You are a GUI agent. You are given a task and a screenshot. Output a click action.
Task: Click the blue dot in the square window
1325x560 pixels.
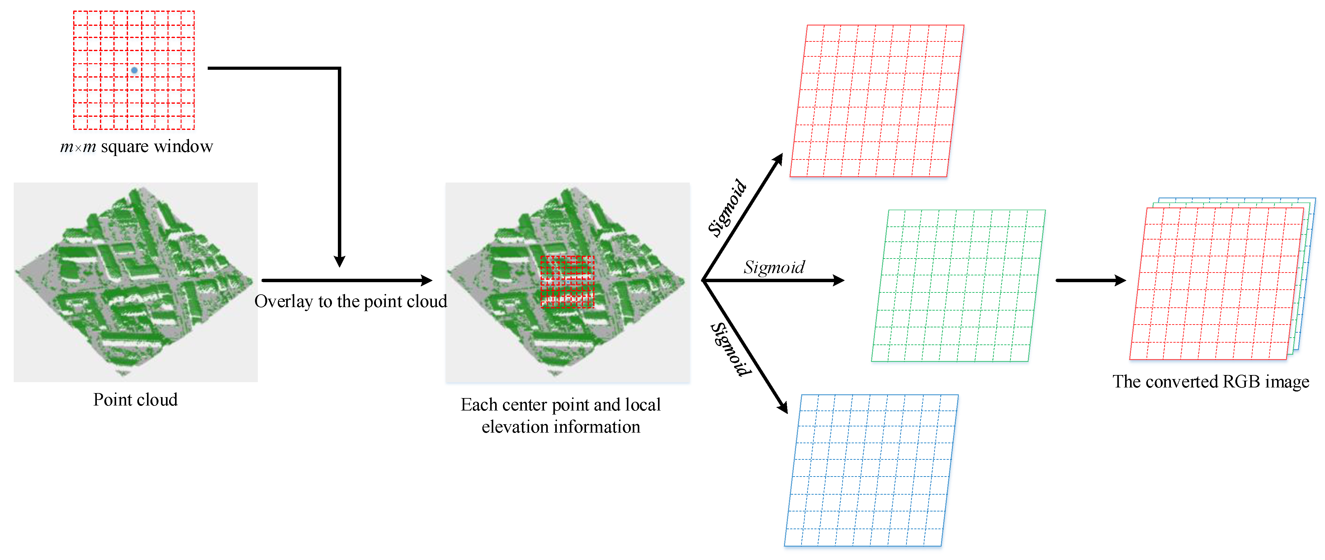(x=134, y=70)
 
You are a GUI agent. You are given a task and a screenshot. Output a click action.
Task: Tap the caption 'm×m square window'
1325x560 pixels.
(x=136, y=147)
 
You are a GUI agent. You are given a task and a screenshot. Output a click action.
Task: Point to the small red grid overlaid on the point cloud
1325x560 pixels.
(x=567, y=282)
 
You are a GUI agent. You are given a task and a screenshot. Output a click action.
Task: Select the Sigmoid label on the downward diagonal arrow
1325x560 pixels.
(x=731, y=350)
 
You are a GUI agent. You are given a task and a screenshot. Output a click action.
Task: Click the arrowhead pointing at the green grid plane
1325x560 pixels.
(x=838, y=281)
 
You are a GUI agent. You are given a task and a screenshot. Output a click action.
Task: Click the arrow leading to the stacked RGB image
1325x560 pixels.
(x=1091, y=281)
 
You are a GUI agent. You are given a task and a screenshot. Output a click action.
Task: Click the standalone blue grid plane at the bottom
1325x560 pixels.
(x=871, y=471)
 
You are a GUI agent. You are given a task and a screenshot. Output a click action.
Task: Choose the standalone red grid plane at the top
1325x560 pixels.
(x=877, y=101)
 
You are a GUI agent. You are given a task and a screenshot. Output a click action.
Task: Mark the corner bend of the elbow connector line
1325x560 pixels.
(x=339, y=68)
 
